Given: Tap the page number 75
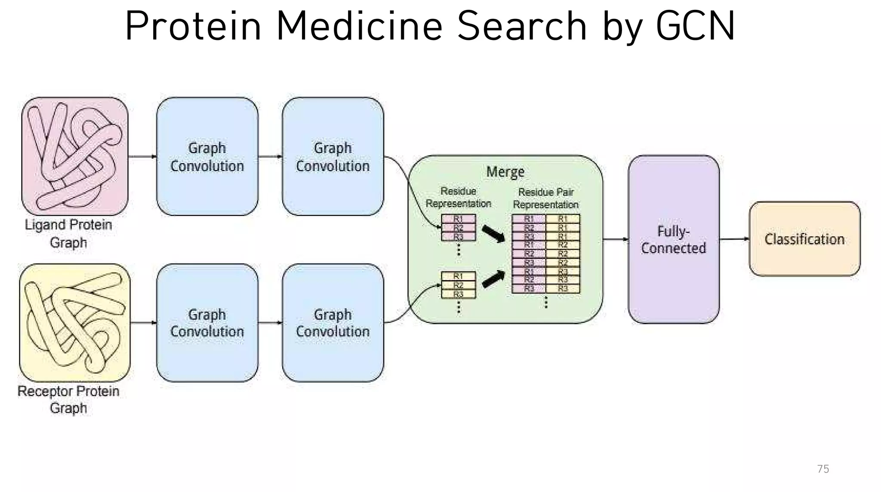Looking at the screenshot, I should [x=822, y=469].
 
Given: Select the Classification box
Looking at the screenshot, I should [x=804, y=239].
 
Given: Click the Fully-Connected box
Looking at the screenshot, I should [x=674, y=239].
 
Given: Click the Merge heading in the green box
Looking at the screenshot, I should [x=505, y=172].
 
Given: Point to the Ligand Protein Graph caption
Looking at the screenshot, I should [x=68, y=233].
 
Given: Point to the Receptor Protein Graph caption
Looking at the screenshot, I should [x=68, y=399].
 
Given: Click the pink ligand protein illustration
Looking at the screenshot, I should [x=75, y=156].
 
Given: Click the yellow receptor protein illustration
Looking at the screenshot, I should [x=75, y=322].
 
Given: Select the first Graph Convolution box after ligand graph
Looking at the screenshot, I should [x=207, y=156].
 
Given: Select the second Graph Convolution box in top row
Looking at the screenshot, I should [x=333, y=156].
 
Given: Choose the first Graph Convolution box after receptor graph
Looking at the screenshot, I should [x=207, y=323].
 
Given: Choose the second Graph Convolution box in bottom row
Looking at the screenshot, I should [x=333, y=323].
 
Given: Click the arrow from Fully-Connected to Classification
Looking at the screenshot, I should [x=734, y=239].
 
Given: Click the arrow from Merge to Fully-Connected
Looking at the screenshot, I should [x=615, y=239].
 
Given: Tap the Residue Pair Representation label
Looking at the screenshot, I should [x=545, y=198].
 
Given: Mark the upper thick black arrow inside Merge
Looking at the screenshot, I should [x=493, y=234].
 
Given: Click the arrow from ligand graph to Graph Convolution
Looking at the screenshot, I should [x=142, y=156].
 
